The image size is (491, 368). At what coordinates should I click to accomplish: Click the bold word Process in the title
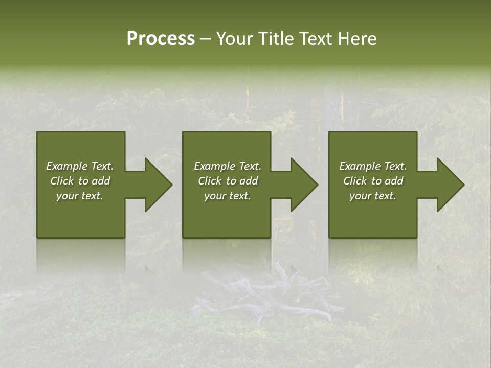(161, 39)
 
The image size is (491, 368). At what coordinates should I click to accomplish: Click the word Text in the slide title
(317, 39)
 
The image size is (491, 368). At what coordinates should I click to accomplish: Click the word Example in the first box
(68, 166)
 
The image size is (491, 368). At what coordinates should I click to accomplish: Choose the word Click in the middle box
(210, 181)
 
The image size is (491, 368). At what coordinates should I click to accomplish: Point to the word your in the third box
(361, 196)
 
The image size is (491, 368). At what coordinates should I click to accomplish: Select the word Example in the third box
(360, 166)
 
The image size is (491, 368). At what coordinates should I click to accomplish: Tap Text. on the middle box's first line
(249, 166)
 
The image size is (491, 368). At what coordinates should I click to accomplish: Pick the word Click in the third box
(355, 181)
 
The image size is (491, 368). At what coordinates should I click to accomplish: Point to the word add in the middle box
(249, 181)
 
